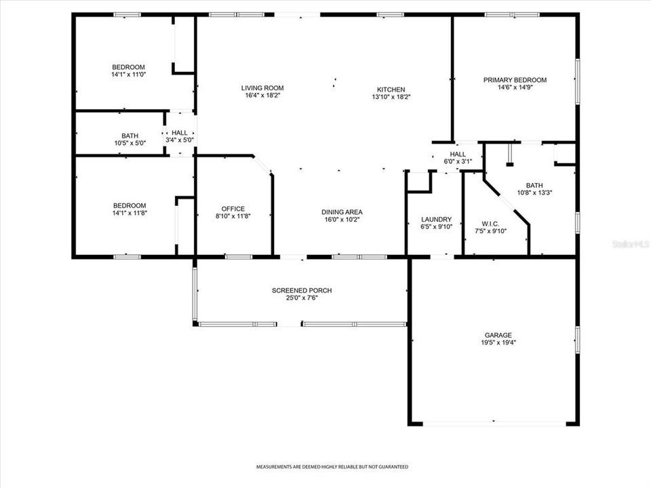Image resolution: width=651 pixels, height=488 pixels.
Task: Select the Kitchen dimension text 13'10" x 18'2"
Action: (x=391, y=97)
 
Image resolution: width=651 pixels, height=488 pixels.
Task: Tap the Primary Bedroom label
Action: (x=515, y=80)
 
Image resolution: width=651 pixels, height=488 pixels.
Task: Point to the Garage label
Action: (x=498, y=335)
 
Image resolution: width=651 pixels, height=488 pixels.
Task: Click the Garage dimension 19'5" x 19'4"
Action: (x=498, y=343)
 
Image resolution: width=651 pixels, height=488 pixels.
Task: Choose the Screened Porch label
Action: (x=302, y=290)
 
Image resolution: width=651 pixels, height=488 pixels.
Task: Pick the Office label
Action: (x=233, y=209)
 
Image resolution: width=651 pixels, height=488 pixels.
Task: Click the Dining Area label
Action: (x=342, y=211)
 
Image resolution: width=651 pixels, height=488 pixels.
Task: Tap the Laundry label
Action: (x=436, y=219)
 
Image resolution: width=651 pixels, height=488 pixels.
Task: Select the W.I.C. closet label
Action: (x=490, y=224)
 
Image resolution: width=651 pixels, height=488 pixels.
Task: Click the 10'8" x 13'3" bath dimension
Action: (x=534, y=192)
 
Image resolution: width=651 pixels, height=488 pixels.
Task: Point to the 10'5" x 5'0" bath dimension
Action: (x=130, y=143)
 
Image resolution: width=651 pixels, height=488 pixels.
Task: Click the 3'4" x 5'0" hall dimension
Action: (x=180, y=140)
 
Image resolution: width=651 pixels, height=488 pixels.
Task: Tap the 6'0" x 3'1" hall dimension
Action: (x=458, y=161)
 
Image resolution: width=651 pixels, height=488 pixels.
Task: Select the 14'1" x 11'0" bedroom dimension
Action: (x=128, y=75)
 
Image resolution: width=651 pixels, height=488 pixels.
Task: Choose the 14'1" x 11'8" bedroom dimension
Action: (x=129, y=213)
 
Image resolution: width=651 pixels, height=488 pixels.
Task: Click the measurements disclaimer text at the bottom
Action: (x=332, y=467)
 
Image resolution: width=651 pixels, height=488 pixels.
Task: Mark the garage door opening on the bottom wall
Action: (x=494, y=424)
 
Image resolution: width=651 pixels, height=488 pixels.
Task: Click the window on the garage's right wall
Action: (x=577, y=339)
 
